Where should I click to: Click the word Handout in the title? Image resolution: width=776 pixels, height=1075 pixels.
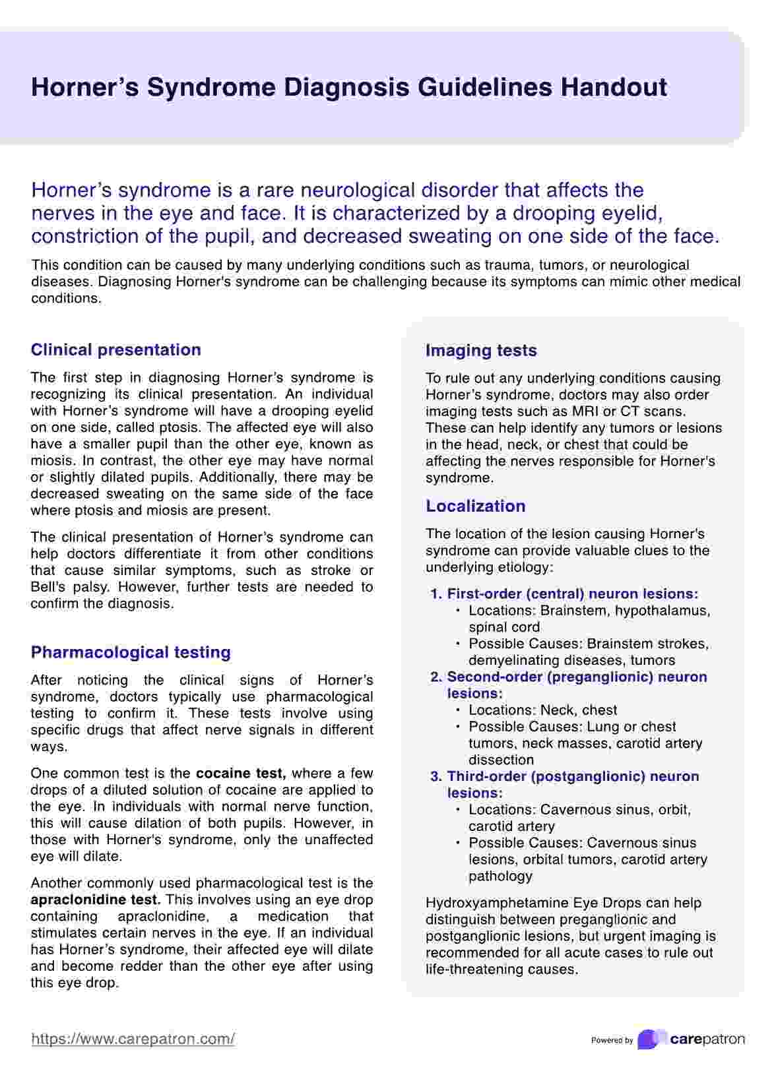coord(614,88)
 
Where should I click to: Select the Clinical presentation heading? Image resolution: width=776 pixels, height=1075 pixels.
coord(116,350)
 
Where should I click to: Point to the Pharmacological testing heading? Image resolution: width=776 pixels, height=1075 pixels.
coord(131,652)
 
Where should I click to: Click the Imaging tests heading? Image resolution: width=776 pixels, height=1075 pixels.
coord(481,350)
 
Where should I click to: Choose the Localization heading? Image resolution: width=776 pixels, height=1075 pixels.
coord(476,506)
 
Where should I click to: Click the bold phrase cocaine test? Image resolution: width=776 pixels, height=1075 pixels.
coord(241,773)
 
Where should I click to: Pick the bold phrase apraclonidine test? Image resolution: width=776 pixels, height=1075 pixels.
coord(95,900)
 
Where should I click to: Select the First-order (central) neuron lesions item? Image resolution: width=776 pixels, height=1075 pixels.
coord(572,594)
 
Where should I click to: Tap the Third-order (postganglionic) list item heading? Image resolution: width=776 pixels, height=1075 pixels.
coord(573,776)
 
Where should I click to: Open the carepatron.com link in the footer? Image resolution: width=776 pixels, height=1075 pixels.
coord(133,1039)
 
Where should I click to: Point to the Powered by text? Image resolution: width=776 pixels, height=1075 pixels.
coord(612,1041)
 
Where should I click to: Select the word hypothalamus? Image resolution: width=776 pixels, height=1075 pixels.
coord(662,611)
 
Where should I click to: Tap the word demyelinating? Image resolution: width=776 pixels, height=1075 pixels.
coord(515,660)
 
